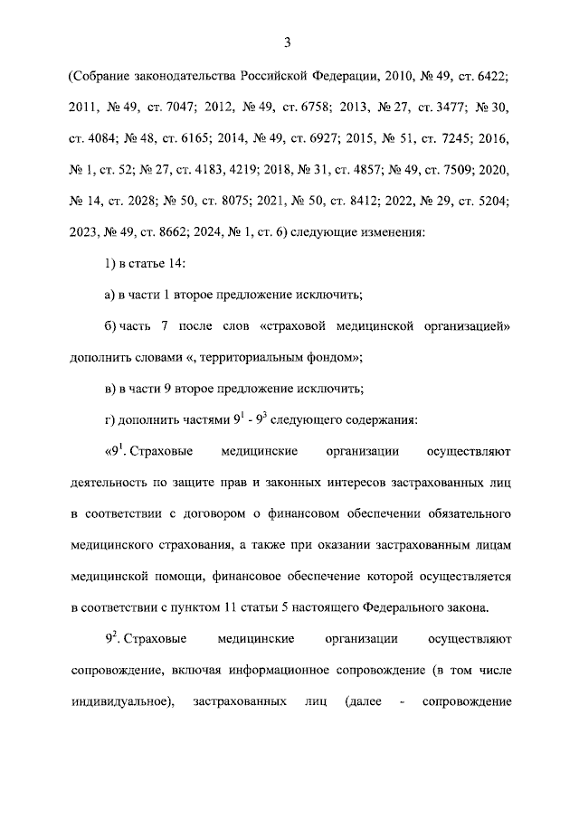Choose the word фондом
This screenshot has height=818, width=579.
click(329, 357)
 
